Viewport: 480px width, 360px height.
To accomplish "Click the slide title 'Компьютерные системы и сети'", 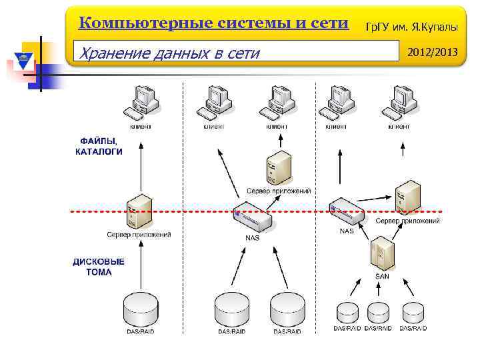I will click(213, 23).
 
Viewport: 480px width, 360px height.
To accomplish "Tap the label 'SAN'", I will click(382, 276).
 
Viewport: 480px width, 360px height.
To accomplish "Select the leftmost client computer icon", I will click(145, 103).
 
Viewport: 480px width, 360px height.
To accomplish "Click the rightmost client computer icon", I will click(399, 103).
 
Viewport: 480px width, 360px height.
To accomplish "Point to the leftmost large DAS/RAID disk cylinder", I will click(141, 309).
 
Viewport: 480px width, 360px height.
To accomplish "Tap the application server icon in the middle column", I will click(279, 168).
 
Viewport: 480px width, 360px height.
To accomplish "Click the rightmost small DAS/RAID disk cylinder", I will click(413, 312).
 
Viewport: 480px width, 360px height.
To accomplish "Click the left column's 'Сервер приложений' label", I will click(139, 234).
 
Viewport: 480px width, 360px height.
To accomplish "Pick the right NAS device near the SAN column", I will click(347, 211).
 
